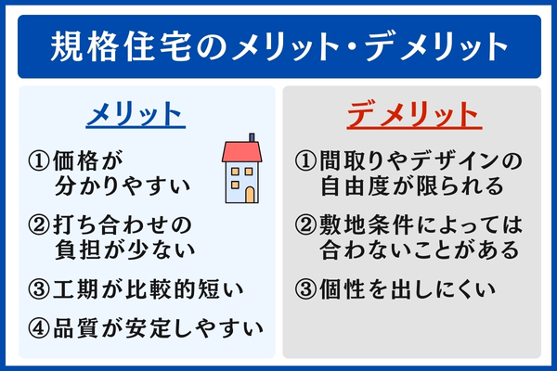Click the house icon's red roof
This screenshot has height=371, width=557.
click(240, 150)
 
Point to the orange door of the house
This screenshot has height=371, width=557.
click(249, 194)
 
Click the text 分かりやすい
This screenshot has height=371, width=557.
click(123, 185)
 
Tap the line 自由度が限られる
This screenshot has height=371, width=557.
click(411, 185)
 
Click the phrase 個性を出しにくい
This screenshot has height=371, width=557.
click(413, 288)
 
